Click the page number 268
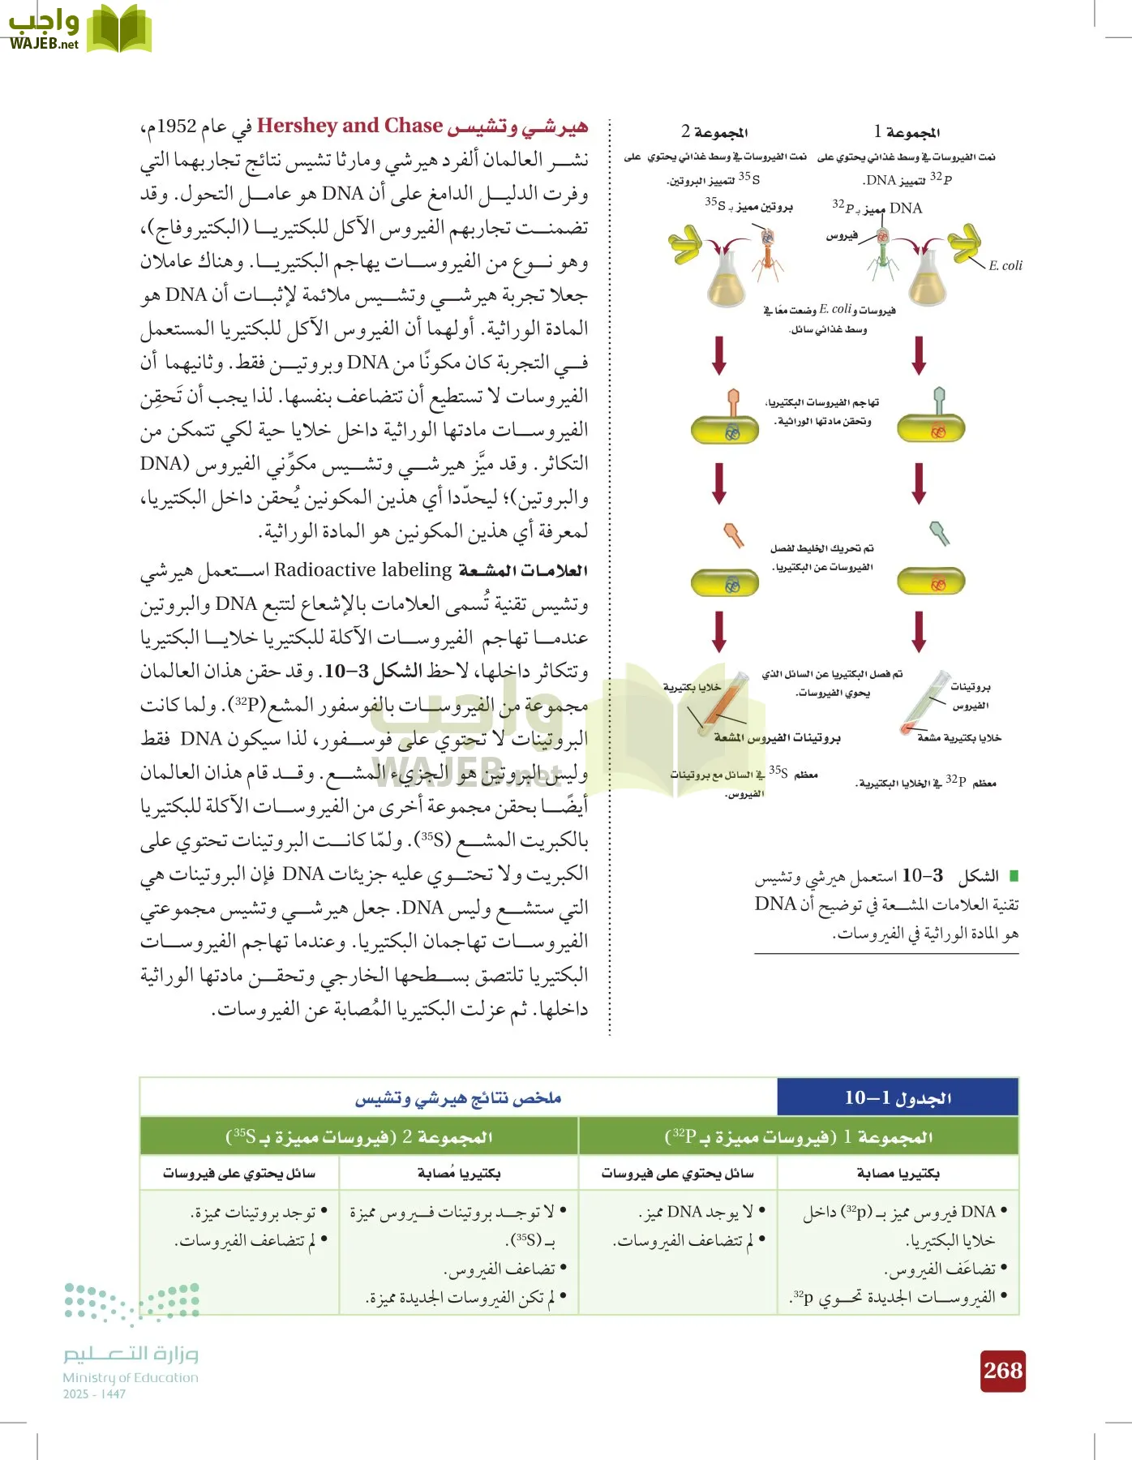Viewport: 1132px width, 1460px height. pos(1002,1370)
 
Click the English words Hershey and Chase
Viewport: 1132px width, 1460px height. pos(349,126)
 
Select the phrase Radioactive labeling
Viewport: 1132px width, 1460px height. pos(362,569)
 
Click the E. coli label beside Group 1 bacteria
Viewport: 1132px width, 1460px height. pos(1005,265)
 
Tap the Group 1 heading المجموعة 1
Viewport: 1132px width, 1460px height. pos(907,131)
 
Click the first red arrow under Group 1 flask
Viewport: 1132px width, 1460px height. pos(919,355)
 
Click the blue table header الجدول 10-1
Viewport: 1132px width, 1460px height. pos(897,1097)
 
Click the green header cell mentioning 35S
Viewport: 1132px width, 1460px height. pos(358,1136)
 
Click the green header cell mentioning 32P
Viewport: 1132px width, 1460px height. pos(798,1136)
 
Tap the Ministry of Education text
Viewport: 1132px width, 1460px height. pos(130,1377)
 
